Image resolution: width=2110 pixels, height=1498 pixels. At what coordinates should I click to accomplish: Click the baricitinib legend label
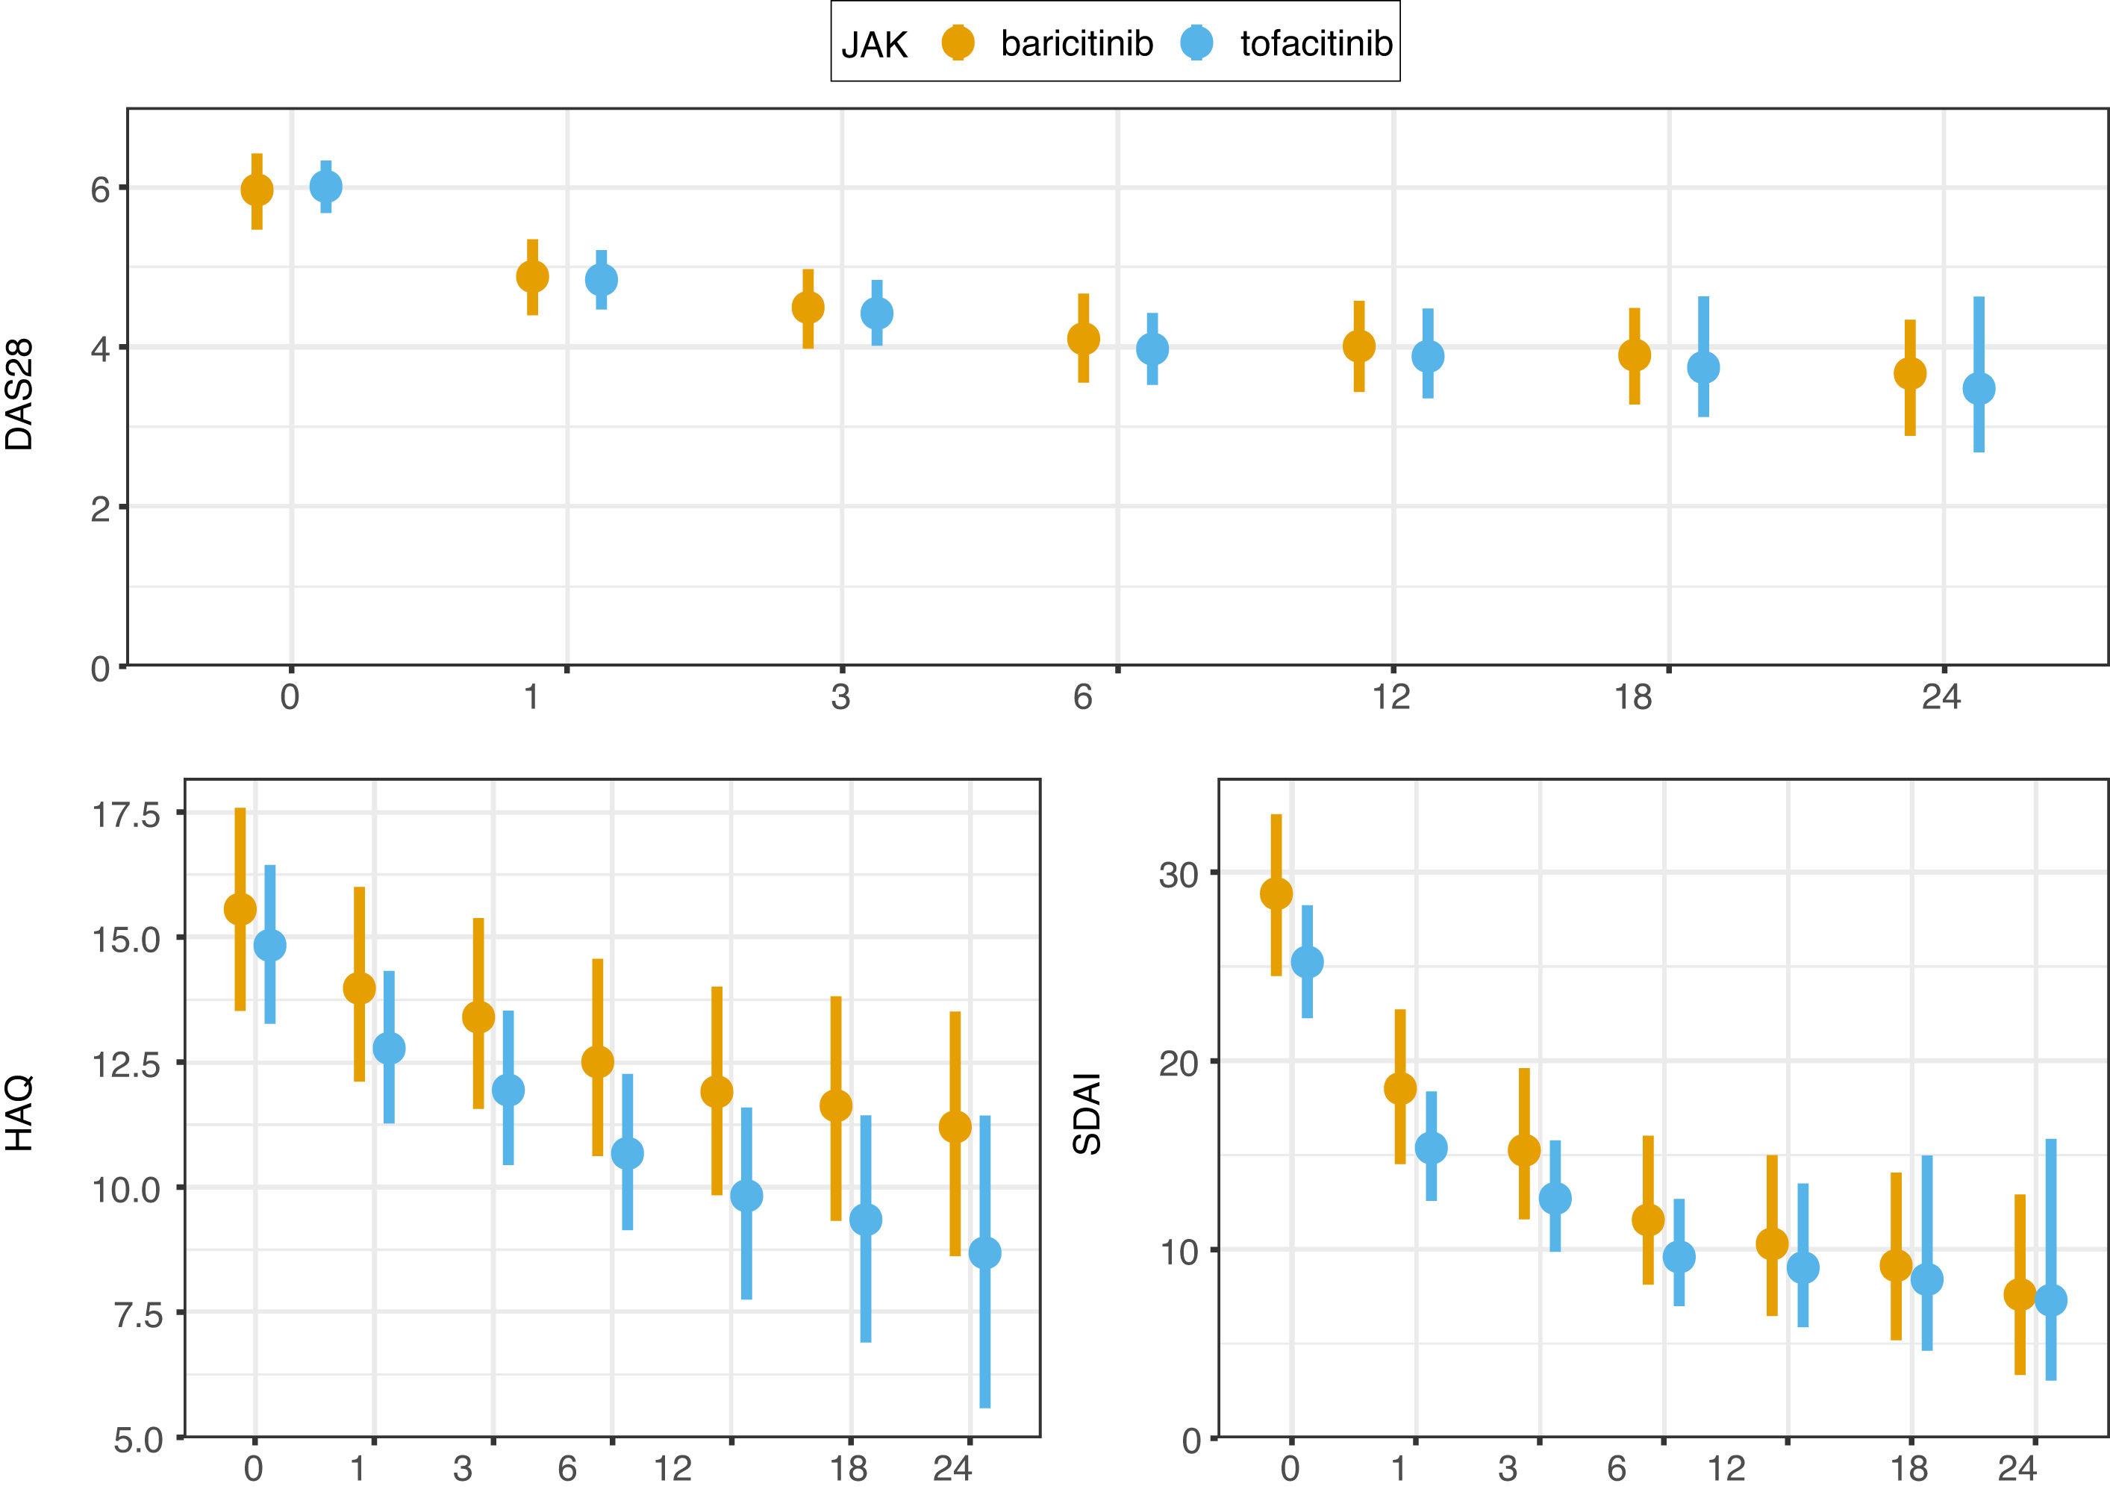(x=1076, y=43)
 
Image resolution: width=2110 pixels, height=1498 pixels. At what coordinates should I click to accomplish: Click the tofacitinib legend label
(x=1316, y=43)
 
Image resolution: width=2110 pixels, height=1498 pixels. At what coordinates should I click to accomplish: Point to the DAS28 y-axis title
(x=20, y=395)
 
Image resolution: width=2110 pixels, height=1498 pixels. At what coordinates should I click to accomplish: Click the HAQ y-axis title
(x=20, y=1114)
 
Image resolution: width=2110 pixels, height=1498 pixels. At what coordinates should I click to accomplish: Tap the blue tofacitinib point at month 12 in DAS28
(x=1428, y=356)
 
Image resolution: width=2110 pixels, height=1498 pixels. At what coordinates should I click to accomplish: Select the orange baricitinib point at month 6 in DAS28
(x=1084, y=339)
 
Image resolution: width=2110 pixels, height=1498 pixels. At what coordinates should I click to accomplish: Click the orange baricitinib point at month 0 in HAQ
(x=240, y=908)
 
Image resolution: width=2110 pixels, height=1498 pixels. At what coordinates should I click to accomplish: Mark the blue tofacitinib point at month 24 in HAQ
(x=985, y=1252)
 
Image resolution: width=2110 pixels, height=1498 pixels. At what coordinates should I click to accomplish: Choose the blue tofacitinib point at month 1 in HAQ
(x=388, y=1049)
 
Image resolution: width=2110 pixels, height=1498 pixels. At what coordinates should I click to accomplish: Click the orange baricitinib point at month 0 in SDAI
(x=1276, y=893)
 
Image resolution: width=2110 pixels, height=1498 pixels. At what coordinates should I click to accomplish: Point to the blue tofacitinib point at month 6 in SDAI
(x=1679, y=1256)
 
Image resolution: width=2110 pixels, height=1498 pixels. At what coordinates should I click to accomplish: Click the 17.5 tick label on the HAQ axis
(x=126, y=815)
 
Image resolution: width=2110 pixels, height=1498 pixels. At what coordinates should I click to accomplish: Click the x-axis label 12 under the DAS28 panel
(x=1390, y=697)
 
